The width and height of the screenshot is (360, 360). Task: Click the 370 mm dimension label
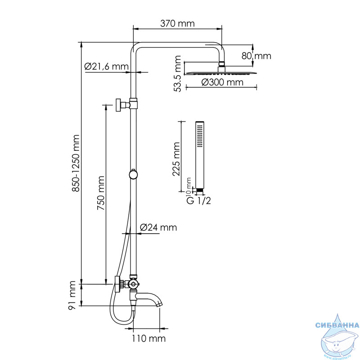[x=177, y=23]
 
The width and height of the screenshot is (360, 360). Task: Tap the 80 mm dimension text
[x=256, y=56]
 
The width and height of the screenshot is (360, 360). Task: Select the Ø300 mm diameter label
[x=222, y=82]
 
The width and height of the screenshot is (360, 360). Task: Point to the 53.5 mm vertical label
[x=178, y=73]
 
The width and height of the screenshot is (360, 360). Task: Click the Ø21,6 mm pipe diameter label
[x=106, y=67]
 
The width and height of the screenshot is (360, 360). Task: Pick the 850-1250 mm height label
[x=75, y=163]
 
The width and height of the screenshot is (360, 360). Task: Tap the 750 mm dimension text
[x=100, y=193]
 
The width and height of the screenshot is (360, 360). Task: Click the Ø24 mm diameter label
[x=158, y=228]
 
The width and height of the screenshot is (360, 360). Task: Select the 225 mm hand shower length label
[x=176, y=159]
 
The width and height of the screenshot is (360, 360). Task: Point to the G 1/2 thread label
[x=198, y=201]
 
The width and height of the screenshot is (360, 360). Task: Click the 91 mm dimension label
[x=72, y=295]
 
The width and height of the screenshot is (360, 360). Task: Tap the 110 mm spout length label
[x=148, y=338]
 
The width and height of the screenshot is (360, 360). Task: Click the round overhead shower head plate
[x=221, y=73]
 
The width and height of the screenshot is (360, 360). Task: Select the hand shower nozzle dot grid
[x=200, y=135]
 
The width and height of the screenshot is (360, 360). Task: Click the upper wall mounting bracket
[x=126, y=105]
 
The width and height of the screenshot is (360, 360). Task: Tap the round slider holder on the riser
[x=133, y=175]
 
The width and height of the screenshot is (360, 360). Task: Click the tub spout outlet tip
[x=160, y=305]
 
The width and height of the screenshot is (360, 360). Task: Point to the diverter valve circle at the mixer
[x=133, y=284]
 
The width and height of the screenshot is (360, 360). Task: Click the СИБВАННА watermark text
[x=337, y=325]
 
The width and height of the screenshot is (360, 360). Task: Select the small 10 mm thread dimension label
[x=189, y=183]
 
